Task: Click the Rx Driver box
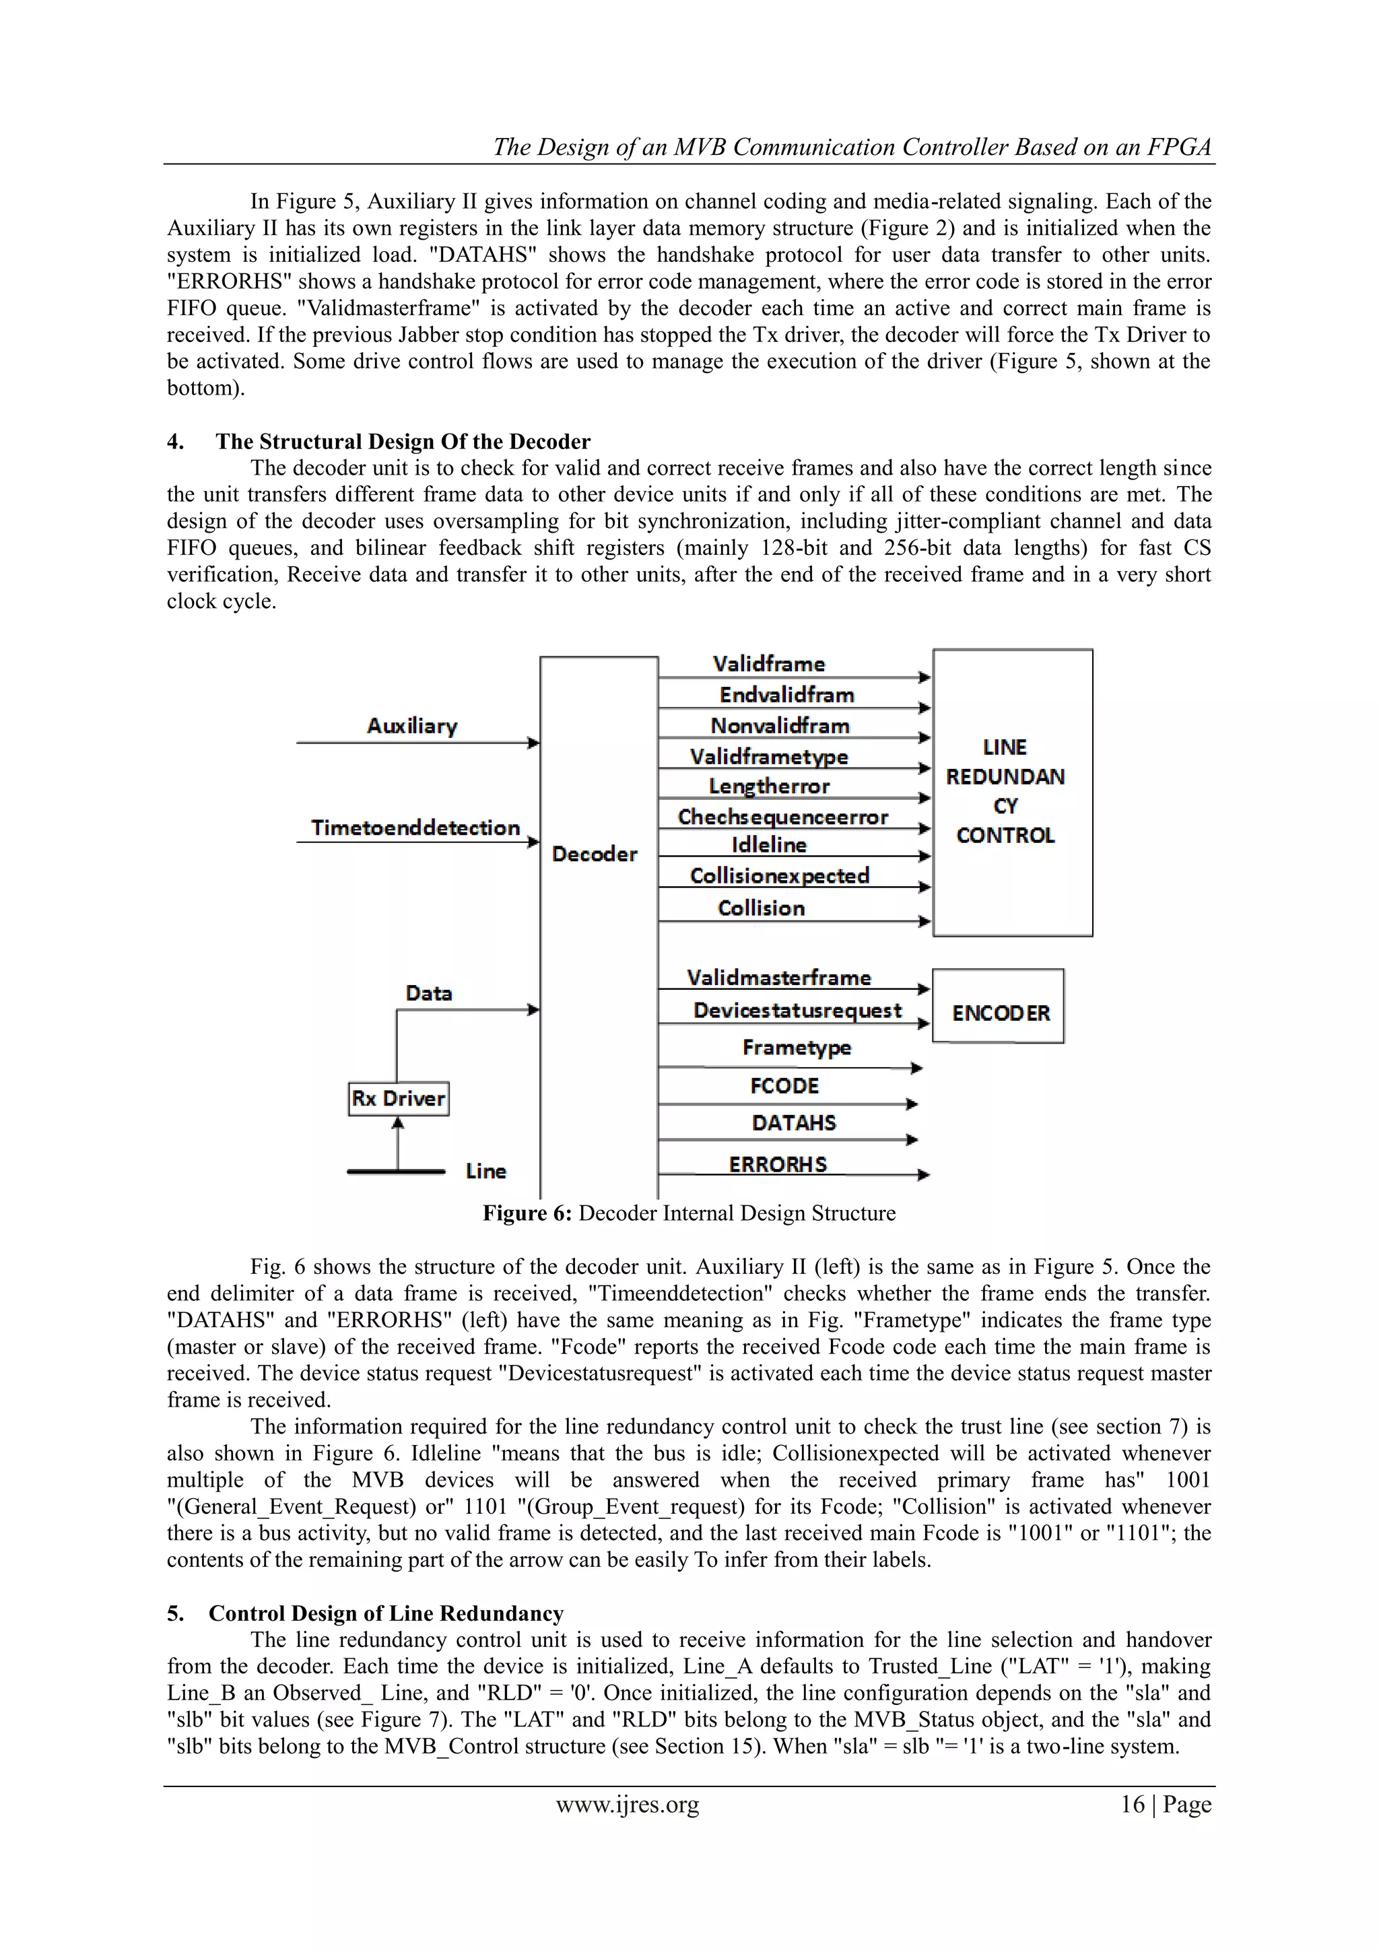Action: coord(398,1098)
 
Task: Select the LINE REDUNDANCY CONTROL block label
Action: coord(1005,792)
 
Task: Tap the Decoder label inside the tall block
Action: coord(595,854)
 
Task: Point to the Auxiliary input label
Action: coord(412,725)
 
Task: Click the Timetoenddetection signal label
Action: coord(415,828)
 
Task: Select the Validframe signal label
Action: coord(768,663)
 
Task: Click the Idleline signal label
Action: coord(768,844)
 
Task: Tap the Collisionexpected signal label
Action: coord(780,875)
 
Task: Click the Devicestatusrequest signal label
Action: coord(797,1010)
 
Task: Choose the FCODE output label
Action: coord(784,1085)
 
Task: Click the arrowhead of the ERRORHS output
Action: coord(924,1176)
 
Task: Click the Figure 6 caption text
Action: coord(689,1213)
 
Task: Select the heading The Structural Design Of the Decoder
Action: coord(403,442)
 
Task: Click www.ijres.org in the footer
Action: coord(628,1804)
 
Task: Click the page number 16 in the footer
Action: coord(1132,1804)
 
